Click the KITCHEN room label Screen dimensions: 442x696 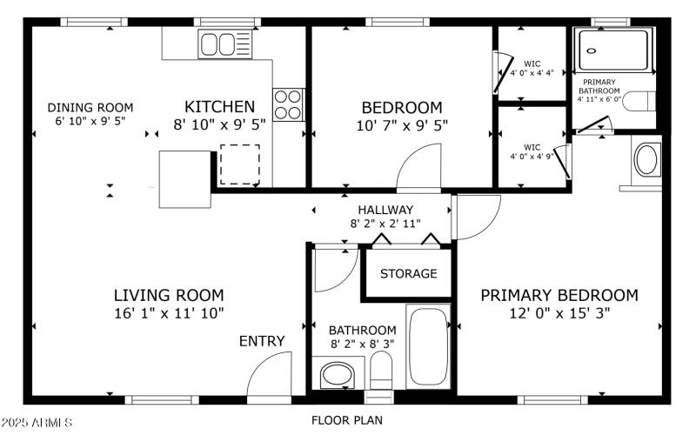point(219,106)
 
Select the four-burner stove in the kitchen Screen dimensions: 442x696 point(289,104)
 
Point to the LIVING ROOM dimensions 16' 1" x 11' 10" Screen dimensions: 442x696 point(169,313)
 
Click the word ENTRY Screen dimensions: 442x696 point(262,341)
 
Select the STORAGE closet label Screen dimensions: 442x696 point(408,273)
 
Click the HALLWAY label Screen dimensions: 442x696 point(385,210)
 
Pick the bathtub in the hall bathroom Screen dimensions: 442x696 point(428,347)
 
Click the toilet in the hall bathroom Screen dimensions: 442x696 point(381,373)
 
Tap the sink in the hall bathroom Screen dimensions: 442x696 point(336,377)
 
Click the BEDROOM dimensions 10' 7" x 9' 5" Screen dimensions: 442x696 point(402,124)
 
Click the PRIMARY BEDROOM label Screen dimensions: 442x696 point(559,295)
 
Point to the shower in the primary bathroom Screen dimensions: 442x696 point(614,50)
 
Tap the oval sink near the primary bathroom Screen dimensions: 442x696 point(646,160)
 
